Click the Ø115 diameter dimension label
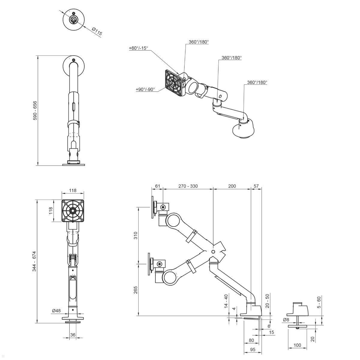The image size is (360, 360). coord(97,31)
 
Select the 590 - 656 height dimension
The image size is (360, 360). coord(35,110)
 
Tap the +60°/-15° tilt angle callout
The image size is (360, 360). coord(138,48)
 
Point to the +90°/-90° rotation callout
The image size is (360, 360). coord(145,89)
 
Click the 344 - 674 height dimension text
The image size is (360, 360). coord(34,261)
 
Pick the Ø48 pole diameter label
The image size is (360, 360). coord(56,311)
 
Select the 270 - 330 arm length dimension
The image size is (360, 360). coord(188,186)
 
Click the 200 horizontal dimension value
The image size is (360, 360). coord(232,186)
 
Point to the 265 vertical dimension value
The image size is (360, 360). coord(136,290)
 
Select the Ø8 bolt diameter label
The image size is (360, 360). coord(286,320)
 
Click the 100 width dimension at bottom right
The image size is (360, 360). coord(297,345)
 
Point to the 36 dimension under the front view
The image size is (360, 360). coord(73,335)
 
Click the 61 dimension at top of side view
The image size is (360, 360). coord(158,186)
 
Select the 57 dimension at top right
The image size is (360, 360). coord(256,186)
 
